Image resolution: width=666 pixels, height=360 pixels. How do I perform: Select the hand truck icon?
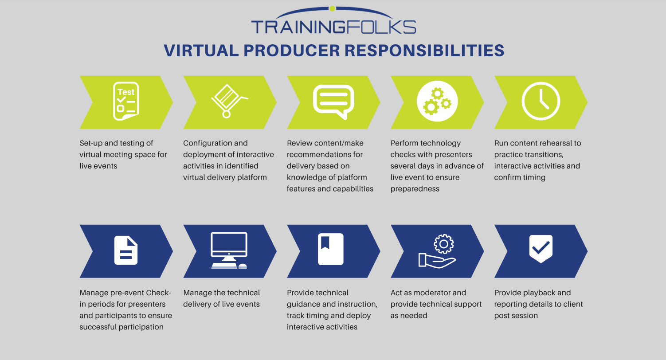(228, 101)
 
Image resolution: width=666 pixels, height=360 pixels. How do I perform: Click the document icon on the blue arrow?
(126, 250)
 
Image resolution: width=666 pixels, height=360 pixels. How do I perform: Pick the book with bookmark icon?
(331, 249)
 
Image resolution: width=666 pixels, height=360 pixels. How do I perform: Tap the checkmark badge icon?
(541, 249)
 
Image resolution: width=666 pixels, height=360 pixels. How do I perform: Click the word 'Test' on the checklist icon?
(126, 92)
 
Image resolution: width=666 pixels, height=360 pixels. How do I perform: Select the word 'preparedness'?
(415, 189)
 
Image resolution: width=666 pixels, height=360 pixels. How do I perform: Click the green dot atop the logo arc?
(332, 8)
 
